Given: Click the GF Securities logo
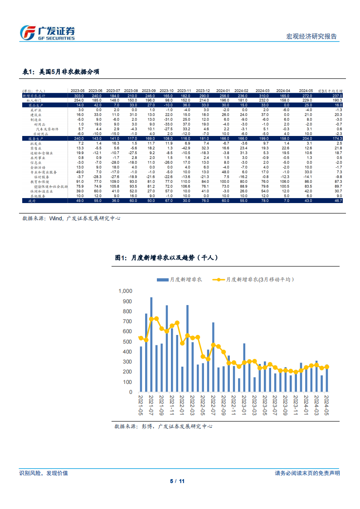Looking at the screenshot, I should point(48,32).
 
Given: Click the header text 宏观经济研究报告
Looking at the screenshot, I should point(312,36).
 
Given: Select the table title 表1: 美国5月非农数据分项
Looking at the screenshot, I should point(61,72).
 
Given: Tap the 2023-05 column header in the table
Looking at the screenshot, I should point(78,91).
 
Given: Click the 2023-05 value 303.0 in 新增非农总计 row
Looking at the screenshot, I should point(79,96).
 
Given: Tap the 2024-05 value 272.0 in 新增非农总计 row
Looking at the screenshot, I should point(307,96).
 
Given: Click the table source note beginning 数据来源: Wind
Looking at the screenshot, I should point(71,218).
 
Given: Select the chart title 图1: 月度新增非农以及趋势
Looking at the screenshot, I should point(167,257).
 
